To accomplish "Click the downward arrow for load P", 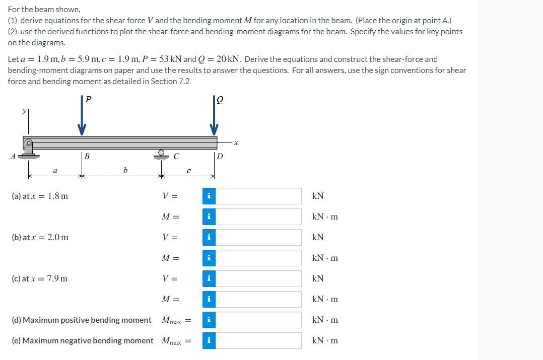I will (x=82, y=121).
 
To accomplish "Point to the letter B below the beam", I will (x=87, y=157).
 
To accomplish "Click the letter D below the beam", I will (x=219, y=157).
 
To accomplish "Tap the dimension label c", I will (x=188, y=172).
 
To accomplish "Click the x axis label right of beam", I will (x=235, y=143).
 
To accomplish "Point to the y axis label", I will (x=22, y=113).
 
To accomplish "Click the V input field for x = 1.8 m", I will (x=258, y=196).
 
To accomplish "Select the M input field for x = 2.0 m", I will (x=258, y=258).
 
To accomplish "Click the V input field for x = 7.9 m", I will (x=258, y=278).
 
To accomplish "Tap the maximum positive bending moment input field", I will (x=258, y=320).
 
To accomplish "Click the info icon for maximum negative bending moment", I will (x=209, y=341).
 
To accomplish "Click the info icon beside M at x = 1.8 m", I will (x=209, y=217).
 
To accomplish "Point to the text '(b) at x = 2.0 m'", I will (x=40, y=237).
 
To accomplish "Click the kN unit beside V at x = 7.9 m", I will (x=318, y=278).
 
